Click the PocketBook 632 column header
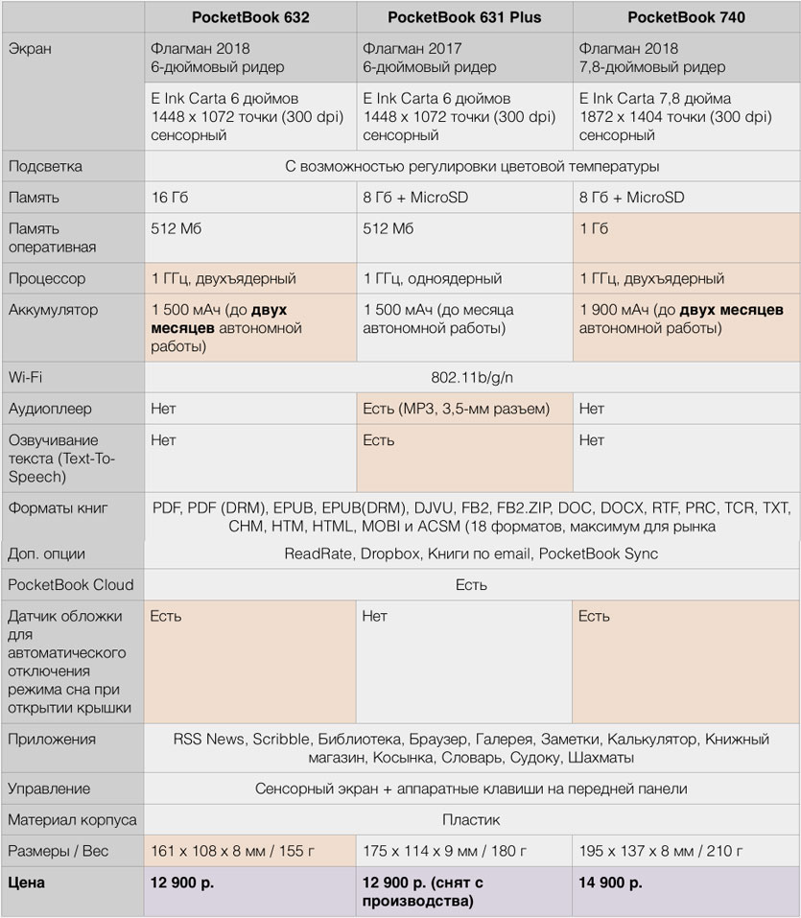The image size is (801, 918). tap(249, 17)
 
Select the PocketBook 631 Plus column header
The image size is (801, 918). tap(464, 17)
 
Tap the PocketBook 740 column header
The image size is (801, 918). tap(686, 17)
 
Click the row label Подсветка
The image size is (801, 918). tap(45, 166)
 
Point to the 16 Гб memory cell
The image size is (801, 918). tap(173, 198)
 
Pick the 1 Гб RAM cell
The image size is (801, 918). tap(594, 228)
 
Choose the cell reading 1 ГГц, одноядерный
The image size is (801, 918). tap(433, 278)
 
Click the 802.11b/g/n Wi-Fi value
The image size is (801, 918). tap(472, 377)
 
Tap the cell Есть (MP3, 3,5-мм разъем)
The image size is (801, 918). tap(456, 409)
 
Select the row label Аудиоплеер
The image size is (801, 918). tap(50, 409)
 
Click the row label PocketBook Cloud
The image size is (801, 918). tap(71, 584)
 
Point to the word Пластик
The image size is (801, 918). tap(471, 820)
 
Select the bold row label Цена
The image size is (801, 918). tap(27, 882)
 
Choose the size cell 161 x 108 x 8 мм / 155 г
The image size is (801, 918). tap(246, 851)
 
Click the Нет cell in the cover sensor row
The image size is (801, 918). tap(375, 616)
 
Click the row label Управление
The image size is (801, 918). tap(49, 789)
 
